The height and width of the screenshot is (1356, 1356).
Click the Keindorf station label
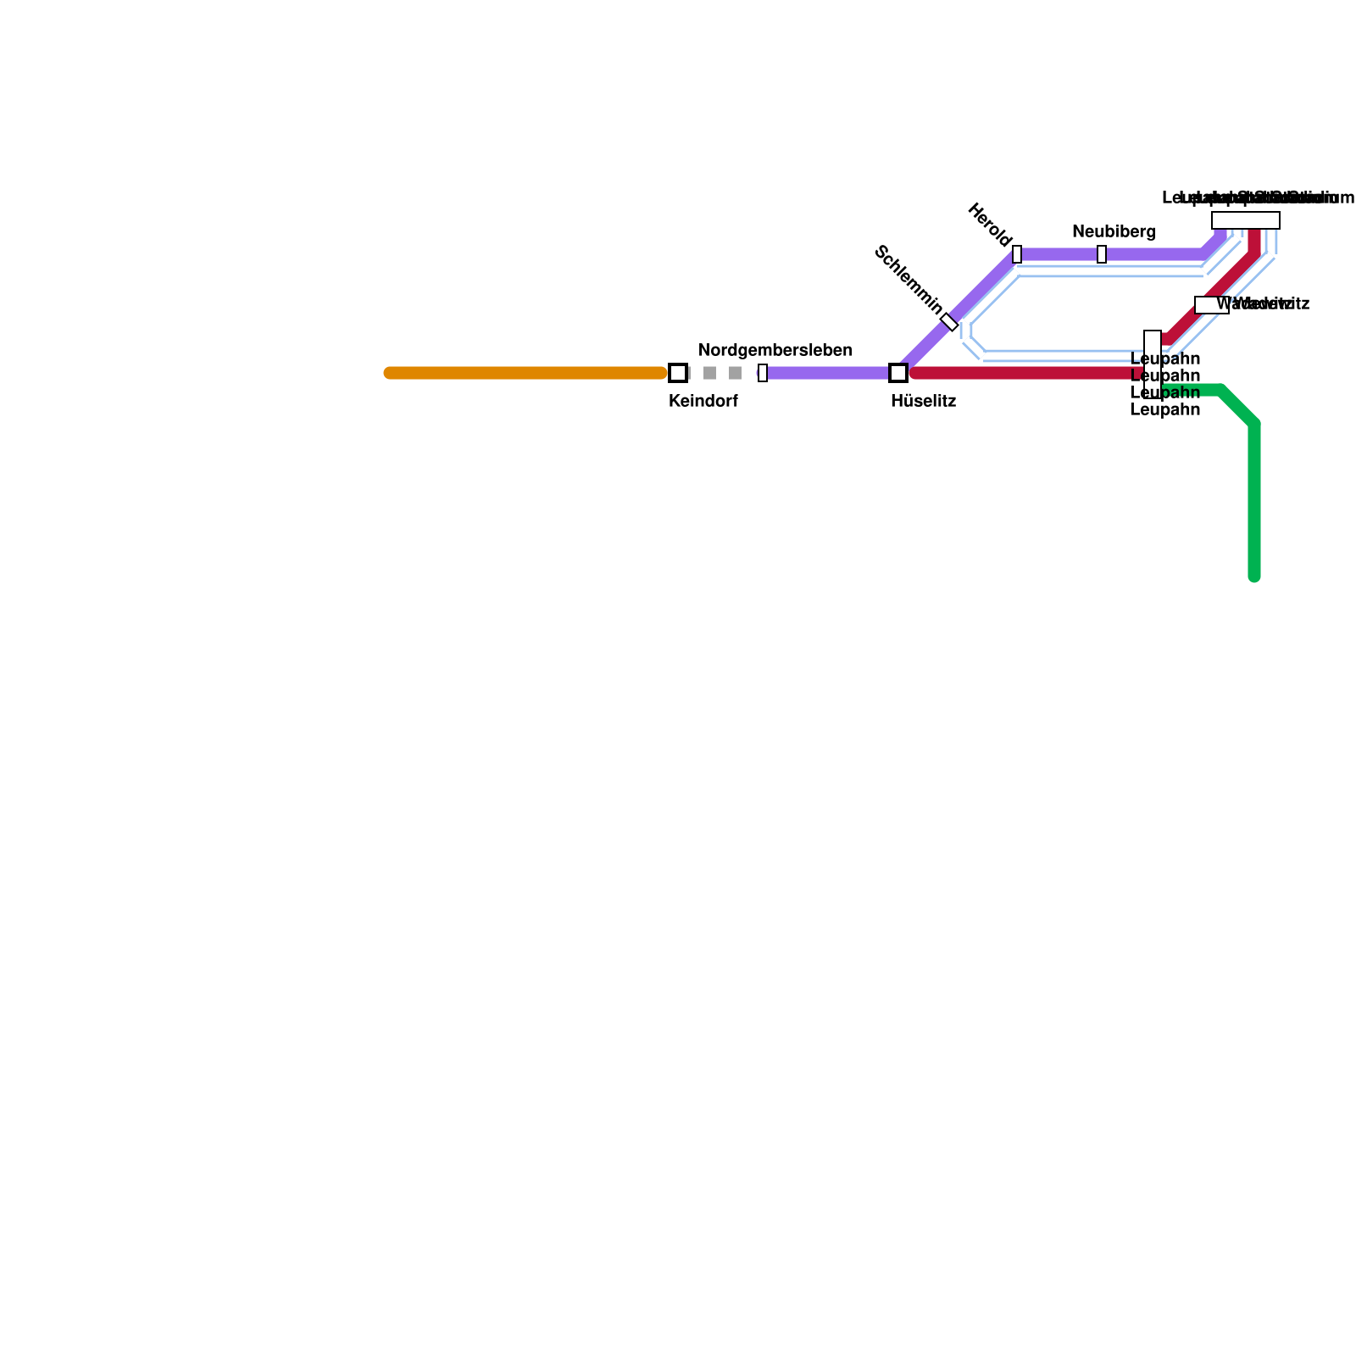tap(703, 402)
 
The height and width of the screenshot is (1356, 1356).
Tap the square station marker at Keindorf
tap(678, 373)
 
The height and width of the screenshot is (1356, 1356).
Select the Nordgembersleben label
tap(775, 351)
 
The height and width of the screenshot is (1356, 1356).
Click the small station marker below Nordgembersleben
tap(763, 373)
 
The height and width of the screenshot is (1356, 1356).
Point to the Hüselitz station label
tap(923, 402)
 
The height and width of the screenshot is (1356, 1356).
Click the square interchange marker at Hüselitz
tap(898, 373)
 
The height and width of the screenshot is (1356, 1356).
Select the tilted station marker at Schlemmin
tap(949, 322)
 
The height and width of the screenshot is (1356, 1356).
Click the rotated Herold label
tap(989, 225)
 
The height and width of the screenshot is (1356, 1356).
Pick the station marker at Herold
tap(1017, 254)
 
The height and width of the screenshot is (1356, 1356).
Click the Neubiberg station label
tap(1114, 232)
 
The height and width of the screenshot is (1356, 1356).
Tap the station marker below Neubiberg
tap(1102, 254)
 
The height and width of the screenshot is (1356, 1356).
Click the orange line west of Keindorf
tap(525, 373)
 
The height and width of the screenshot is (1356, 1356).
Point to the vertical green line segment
tap(1254, 500)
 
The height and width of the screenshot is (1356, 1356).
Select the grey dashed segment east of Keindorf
tap(722, 373)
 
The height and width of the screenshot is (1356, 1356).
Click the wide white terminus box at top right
tap(1245, 220)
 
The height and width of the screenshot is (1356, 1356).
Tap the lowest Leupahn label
tap(1164, 410)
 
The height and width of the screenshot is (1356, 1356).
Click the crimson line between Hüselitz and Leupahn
tap(1025, 373)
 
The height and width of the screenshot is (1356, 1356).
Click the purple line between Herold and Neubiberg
tap(1059, 254)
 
